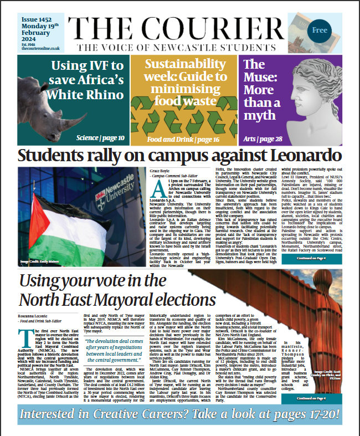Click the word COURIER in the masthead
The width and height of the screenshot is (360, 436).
[240, 27]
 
